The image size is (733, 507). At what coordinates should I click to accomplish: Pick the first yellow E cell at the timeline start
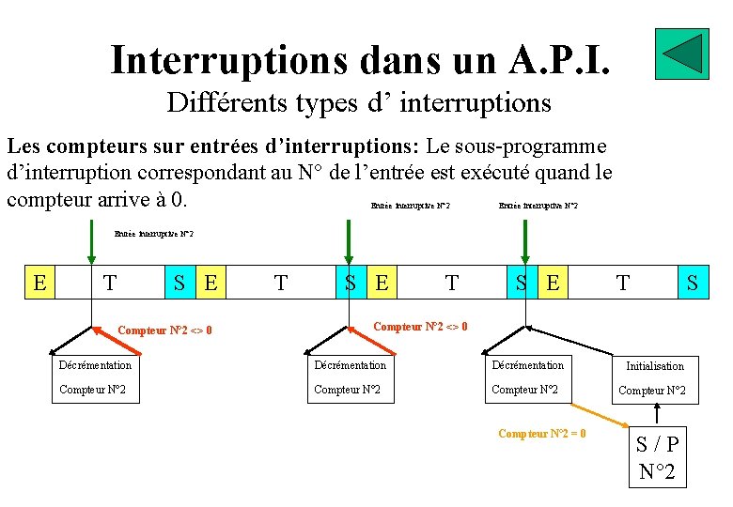(40, 282)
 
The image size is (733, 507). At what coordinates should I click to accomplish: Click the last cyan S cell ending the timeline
(693, 282)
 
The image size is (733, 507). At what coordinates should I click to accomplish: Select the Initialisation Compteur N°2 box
(655, 377)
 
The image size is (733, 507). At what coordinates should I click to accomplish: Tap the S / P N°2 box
(657, 457)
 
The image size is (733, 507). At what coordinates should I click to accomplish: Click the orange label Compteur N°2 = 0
(542, 434)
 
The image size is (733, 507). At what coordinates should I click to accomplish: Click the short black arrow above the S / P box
(657, 413)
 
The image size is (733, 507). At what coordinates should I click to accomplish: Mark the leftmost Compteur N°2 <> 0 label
(164, 330)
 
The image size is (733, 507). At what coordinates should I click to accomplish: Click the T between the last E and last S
(622, 282)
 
